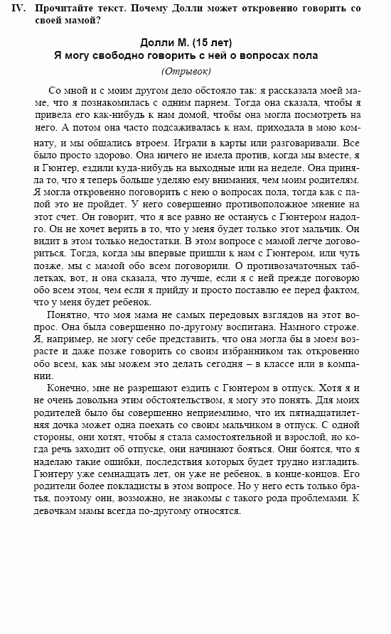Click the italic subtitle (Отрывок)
pos(186,70)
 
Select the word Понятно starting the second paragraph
pos(68,314)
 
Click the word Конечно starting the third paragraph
pos(68,390)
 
